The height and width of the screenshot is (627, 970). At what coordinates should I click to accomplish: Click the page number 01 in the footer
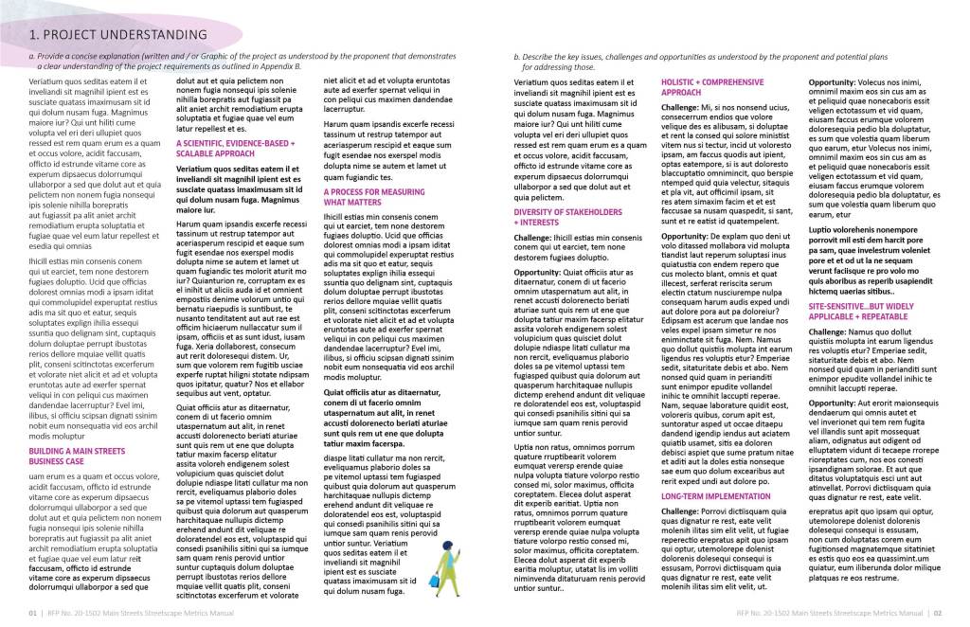(34, 613)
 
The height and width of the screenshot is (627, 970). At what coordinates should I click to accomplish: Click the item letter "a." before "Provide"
(32, 58)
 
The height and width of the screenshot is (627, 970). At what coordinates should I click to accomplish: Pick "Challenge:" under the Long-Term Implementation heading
(682, 512)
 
